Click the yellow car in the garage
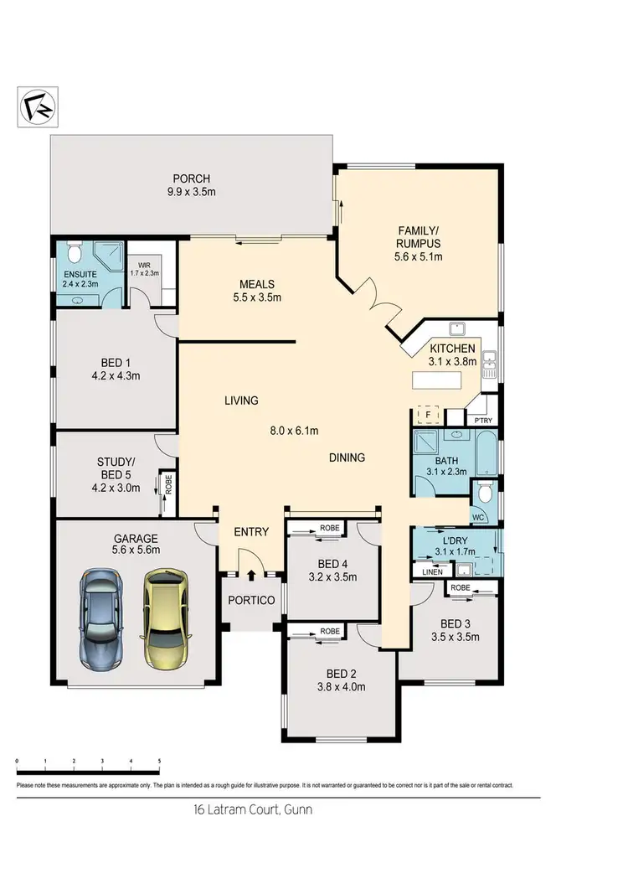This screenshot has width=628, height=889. click(x=167, y=619)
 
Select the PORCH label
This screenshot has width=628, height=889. click(x=191, y=178)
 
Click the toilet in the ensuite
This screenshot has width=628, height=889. click(x=74, y=252)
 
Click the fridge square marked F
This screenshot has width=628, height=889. click(x=428, y=415)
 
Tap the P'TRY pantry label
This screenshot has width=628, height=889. click(x=481, y=420)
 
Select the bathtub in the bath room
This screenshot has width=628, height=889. click(x=486, y=452)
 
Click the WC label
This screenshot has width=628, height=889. click(x=478, y=517)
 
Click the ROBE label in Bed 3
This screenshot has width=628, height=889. click(x=461, y=588)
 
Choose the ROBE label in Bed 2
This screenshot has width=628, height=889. click(x=330, y=631)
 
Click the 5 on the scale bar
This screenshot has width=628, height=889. click(x=159, y=761)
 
